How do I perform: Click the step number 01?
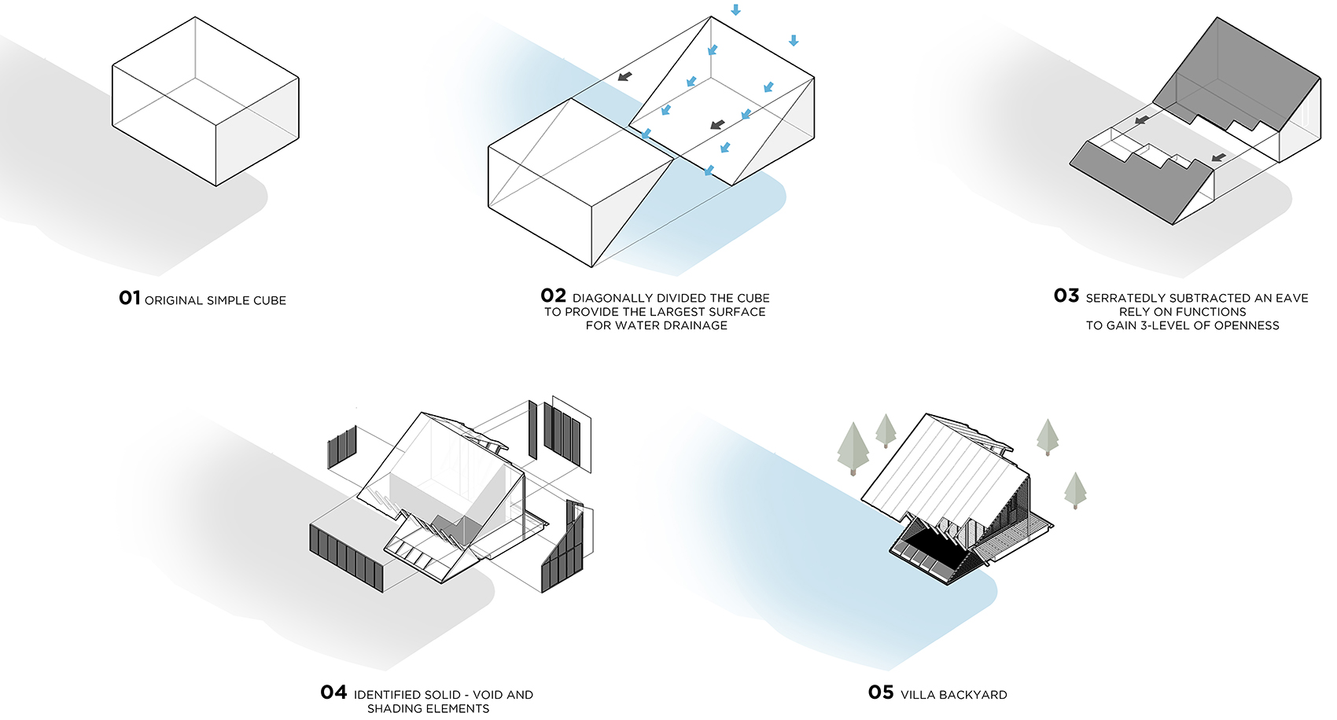[130, 297]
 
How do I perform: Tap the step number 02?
[554, 296]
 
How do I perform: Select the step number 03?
[1066, 296]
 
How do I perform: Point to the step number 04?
[333, 692]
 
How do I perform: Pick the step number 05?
[881, 692]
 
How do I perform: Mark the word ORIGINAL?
[173, 300]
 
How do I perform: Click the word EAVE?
[1292, 298]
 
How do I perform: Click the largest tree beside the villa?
[853, 449]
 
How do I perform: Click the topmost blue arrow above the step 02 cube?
[736, 9]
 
